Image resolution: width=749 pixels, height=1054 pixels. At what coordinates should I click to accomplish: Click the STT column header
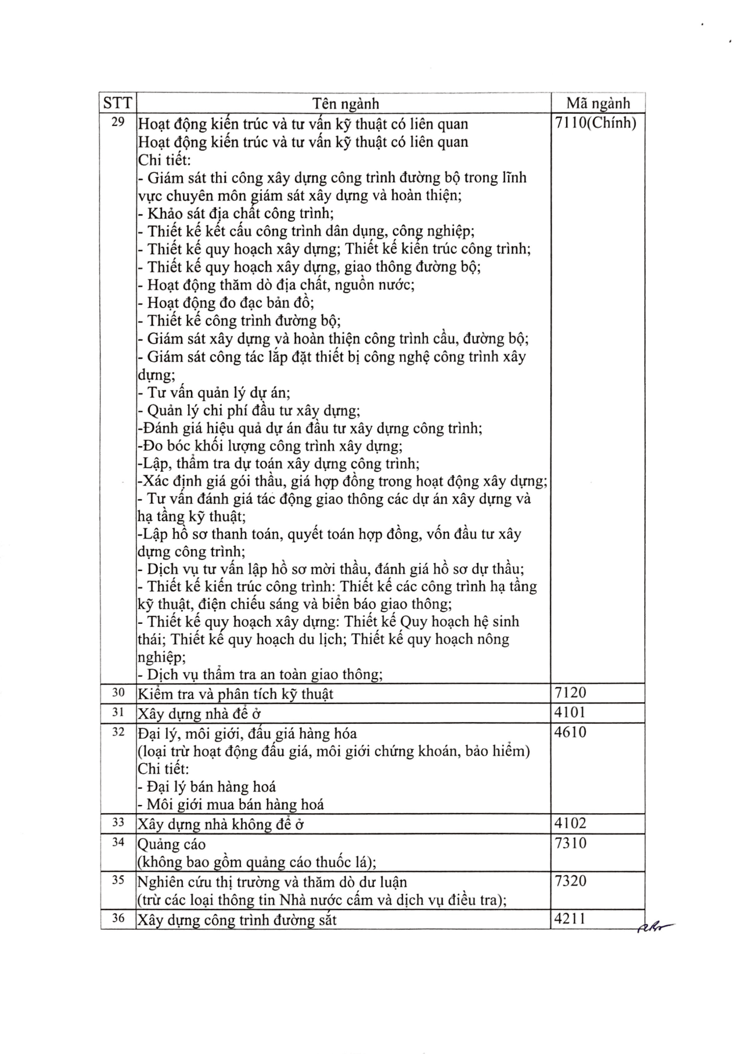pyautogui.click(x=118, y=103)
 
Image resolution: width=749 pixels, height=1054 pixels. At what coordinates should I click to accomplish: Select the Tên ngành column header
pyautogui.click(x=345, y=103)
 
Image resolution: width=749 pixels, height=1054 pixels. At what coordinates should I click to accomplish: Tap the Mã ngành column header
pyautogui.click(x=598, y=103)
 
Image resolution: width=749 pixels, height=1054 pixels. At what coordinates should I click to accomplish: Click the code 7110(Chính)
pyautogui.click(x=596, y=123)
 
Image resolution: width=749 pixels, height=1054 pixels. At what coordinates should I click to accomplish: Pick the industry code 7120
pyautogui.click(x=570, y=692)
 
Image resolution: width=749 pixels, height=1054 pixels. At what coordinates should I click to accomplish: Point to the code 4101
pyautogui.click(x=570, y=712)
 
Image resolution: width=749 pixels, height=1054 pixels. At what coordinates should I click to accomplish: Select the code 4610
pyautogui.click(x=570, y=732)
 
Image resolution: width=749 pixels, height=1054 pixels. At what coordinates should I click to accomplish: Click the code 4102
pyautogui.click(x=570, y=823)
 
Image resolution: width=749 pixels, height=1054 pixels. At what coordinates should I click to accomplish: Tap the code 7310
pyautogui.click(x=570, y=843)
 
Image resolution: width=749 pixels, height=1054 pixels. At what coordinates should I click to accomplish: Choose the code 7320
pyautogui.click(x=570, y=881)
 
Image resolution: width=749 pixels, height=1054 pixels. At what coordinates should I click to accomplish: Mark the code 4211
pyautogui.click(x=570, y=919)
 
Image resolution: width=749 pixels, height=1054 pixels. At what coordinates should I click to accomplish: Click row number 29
pyautogui.click(x=118, y=122)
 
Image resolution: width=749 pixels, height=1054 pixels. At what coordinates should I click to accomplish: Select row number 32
pyautogui.click(x=118, y=731)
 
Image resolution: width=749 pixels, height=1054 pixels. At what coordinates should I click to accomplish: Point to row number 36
pyautogui.click(x=118, y=918)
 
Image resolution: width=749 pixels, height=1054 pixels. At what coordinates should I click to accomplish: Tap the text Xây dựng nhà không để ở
pyautogui.click(x=221, y=824)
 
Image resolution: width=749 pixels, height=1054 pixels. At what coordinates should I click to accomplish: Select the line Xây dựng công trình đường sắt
pyautogui.click(x=237, y=920)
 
